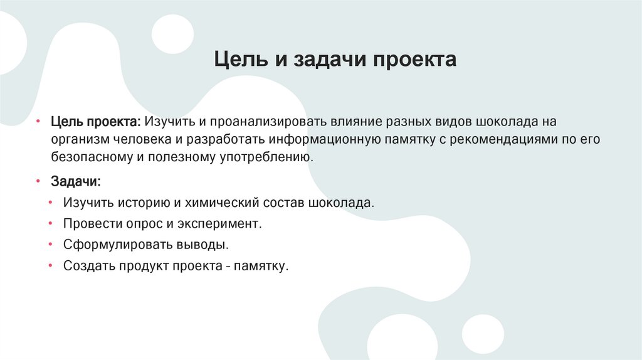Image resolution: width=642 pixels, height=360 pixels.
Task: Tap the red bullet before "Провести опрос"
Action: point(50,223)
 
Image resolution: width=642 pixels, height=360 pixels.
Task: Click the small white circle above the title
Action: point(173,34)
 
